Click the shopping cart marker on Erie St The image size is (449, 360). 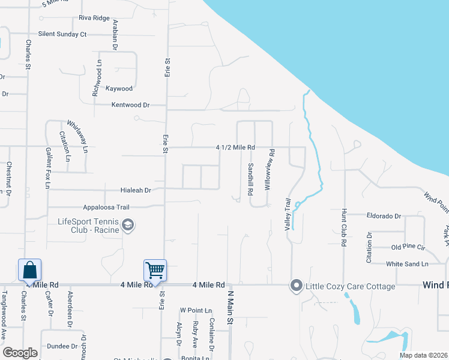[x=155, y=270]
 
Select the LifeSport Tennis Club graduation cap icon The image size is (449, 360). [x=127, y=226]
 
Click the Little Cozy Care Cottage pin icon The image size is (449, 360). [x=295, y=286]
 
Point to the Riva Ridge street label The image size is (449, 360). [x=94, y=18]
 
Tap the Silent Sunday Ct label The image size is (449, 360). [x=62, y=34]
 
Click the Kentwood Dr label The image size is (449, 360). [x=130, y=105]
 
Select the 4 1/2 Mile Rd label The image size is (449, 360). [x=236, y=147]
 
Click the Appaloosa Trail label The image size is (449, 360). [x=106, y=207]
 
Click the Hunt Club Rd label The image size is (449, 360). [x=344, y=228]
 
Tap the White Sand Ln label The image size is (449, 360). [x=407, y=263]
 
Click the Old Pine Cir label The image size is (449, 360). [x=408, y=247]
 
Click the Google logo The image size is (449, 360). [x=20, y=353]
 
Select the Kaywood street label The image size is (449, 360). [x=119, y=89]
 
